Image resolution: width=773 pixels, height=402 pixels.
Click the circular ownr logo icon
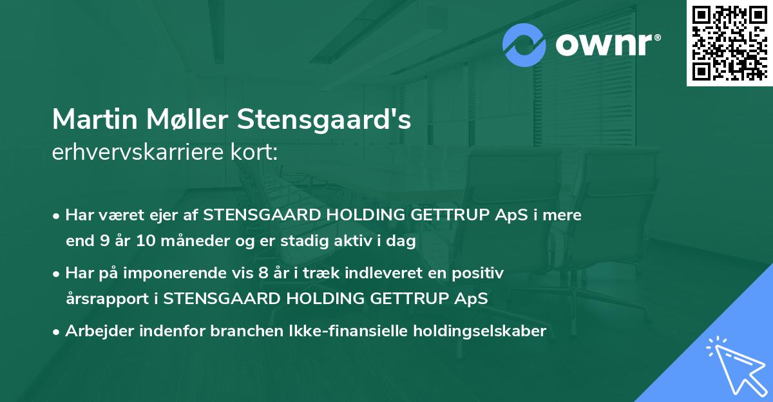click(524, 44)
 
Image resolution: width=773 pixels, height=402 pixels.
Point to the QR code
click(729, 43)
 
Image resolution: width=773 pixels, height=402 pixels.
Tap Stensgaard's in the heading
click(324, 120)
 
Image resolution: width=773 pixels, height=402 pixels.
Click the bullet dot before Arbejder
click(57, 332)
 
